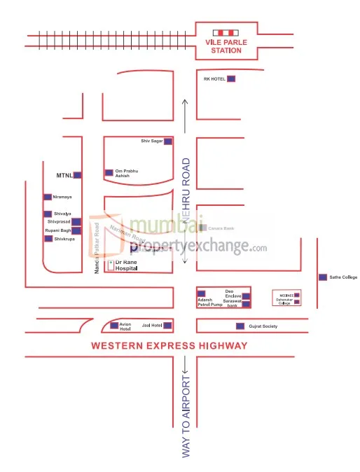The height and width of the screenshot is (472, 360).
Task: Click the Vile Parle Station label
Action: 227,46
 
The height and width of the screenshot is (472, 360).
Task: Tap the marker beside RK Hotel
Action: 231,79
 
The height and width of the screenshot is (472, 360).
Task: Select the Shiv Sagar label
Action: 151,141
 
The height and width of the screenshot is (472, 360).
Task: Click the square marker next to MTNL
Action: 77,175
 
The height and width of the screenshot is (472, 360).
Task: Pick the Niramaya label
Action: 62,197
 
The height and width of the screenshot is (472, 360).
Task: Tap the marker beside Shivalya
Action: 47,214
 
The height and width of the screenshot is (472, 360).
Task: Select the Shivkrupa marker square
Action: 48,239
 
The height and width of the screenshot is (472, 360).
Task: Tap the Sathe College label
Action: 343,277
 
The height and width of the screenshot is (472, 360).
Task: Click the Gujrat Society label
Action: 263,326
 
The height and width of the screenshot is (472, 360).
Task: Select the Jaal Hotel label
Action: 152,326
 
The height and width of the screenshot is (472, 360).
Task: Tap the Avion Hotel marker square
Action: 114,326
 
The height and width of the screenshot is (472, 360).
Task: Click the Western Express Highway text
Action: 169,346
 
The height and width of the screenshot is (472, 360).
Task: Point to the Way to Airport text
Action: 186,417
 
